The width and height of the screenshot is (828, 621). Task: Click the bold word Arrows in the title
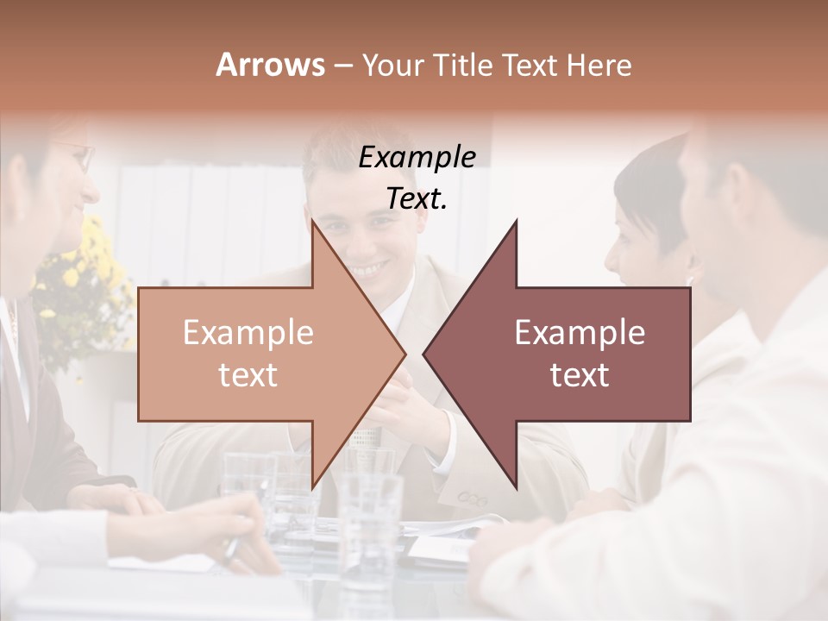pyautogui.click(x=270, y=65)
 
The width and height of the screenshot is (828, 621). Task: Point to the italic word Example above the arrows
pyautogui.click(x=417, y=158)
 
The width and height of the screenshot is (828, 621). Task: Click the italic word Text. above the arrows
pyautogui.click(x=417, y=199)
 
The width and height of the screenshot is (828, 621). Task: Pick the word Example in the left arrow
pyautogui.click(x=248, y=333)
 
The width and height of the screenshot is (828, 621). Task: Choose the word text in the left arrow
pyautogui.click(x=248, y=374)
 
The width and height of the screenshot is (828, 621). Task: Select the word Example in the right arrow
pyautogui.click(x=580, y=333)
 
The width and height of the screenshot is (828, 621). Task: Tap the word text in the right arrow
pyautogui.click(x=580, y=374)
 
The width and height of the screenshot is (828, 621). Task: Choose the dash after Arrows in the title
pyautogui.click(x=342, y=65)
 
